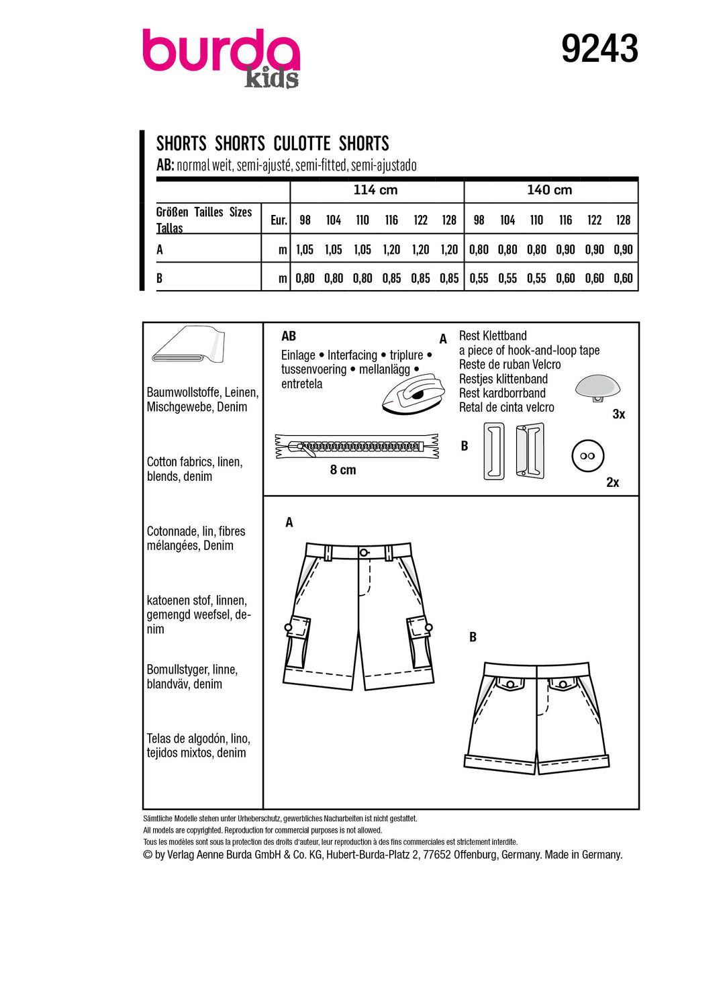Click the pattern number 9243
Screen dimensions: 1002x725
click(x=599, y=49)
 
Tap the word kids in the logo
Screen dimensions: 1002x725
click(x=271, y=79)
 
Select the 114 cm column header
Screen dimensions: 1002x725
click(x=375, y=190)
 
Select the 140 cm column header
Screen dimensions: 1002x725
click(x=549, y=190)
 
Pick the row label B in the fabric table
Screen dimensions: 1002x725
click(x=160, y=278)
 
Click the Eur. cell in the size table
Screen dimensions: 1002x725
click(x=279, y=220)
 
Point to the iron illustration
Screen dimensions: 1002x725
click(x=414, y=395)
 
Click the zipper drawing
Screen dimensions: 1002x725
click(x=356, y=446)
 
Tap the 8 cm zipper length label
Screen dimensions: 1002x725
click(x=343, y=470)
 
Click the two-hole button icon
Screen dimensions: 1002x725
click(x=587, y=456)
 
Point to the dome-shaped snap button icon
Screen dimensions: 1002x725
click(x=597, y=388)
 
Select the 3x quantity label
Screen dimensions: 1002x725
click(x=619, y=414)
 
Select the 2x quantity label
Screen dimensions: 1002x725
click(x=612, y=482)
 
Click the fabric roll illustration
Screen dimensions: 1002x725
click(x=189, y=345)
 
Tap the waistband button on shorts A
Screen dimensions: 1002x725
click(x=364, y=553)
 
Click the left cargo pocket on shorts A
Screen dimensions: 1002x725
click(x=297, y=641)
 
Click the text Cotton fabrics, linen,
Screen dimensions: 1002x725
click(x=195, y=462)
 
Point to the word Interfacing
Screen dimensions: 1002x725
click(x=352, y=355)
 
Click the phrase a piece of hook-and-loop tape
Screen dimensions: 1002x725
click(x=529, y=351)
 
